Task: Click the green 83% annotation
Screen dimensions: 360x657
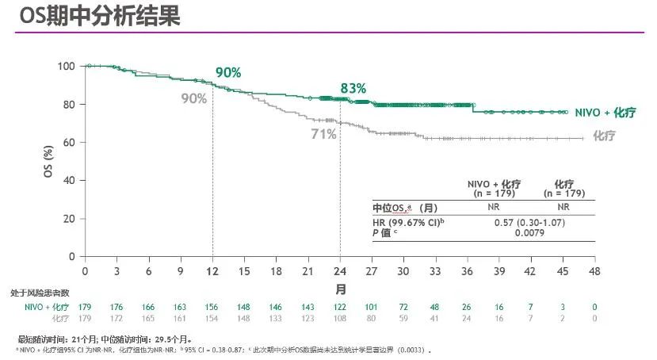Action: (353, 88)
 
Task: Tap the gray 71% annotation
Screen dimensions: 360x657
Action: (323, 135)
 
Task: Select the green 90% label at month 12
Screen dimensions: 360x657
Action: (228, 72)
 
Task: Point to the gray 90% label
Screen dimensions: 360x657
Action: (194, 98)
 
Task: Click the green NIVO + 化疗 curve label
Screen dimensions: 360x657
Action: (606, 113)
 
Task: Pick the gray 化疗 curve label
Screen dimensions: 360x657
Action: (604, 136)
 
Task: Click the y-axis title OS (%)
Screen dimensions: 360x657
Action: (48, 160)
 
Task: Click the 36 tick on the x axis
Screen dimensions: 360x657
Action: (467, 271)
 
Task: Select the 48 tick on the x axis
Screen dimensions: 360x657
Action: (594, 271)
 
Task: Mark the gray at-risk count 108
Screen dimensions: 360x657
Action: (340, 317)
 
